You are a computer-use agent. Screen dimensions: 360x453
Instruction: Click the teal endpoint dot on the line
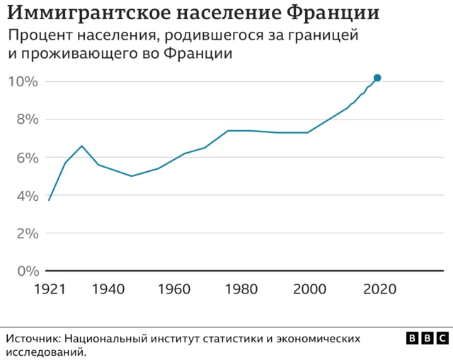pyautogui.click(x=377, y=78)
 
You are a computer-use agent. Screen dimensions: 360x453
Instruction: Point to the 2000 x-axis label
pyautogui.click(x=310, y=289)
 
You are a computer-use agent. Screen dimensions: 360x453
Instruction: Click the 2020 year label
pyautogui.click(x=379, y=289)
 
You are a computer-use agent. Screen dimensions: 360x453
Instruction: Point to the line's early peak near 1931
pyautogui.click(x=82, y=146)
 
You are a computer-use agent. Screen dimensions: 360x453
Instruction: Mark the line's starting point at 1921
pyautogui.click(x=48, y=200)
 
